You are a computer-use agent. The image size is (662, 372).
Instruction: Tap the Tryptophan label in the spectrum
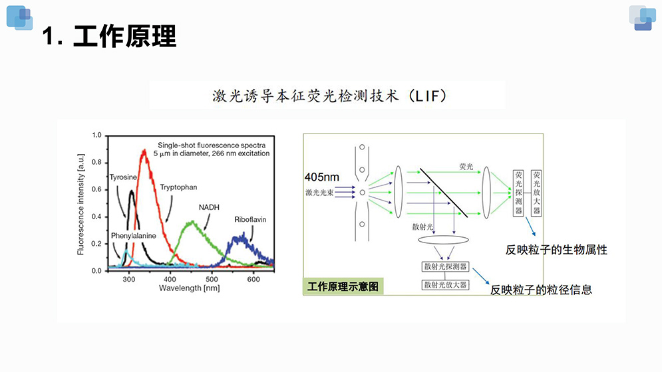click(x=178, y=188)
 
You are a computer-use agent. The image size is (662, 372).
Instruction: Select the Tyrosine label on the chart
click(x=123, y=177)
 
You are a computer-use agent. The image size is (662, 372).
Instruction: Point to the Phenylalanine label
click(x=134, y=236)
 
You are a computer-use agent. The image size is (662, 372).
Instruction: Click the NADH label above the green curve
click(x=210, y=207)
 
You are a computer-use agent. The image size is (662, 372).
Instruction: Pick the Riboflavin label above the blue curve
click(x=249, y=219)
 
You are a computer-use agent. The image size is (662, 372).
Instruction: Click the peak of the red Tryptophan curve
click(x=144, y=152)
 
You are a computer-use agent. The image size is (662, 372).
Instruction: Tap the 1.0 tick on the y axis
click(x=96, y=136)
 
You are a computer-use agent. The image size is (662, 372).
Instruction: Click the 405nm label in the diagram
click(x=322, y=177)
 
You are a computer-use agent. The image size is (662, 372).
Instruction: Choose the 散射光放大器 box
click(x=445, y=284)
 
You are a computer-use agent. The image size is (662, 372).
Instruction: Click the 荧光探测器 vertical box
click(x=519, y=193)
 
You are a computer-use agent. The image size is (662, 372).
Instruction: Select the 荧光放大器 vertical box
click(x=537, y=193)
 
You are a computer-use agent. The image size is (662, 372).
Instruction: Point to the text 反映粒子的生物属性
click(x=556, y=250)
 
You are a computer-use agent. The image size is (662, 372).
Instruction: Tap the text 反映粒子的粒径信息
click(x=541, y=290)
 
